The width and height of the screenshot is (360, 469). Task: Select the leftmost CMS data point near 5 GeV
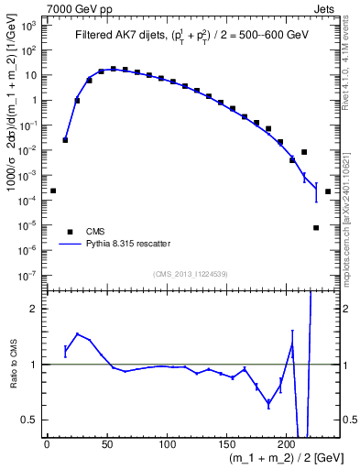(x=53, y=191)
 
